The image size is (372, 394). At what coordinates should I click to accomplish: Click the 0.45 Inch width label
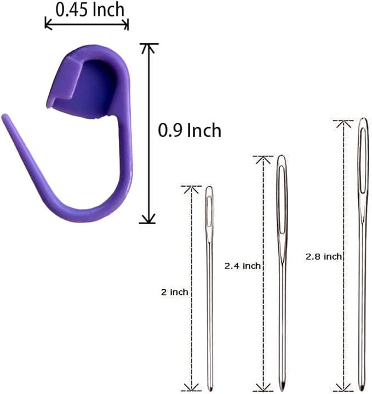pos(90,10)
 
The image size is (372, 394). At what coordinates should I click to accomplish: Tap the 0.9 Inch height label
pos(190,130)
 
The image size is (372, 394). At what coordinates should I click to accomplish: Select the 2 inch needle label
pos(175,292)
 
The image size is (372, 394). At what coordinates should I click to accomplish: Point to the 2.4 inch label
pos(242,266)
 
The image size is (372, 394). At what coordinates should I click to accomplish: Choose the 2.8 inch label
pos(324,256)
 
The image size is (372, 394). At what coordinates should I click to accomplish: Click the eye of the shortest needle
pos(209,211)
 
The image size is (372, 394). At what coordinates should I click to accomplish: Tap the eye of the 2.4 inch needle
pos(282,199)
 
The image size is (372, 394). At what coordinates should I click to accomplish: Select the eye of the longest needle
pos(363,161)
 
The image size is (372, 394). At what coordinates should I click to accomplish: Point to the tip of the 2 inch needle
pos(210,391)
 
